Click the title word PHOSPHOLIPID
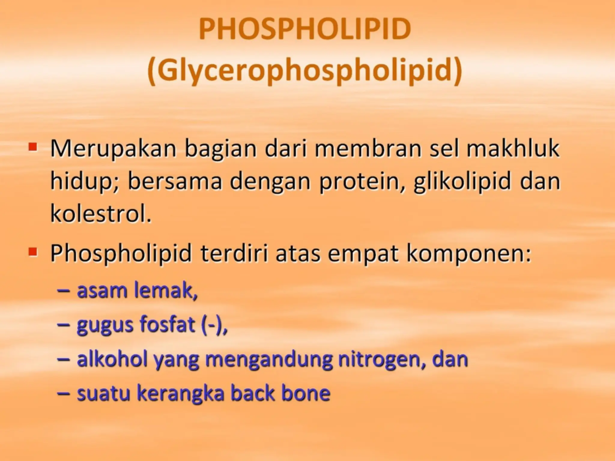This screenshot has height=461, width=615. click(304, 29)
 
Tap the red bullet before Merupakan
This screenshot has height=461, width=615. click(33, 147)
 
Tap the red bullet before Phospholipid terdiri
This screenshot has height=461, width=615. click(33, 252)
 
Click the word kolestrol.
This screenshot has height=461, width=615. click(101, 215)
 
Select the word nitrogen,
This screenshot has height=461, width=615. click(381, 360)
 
